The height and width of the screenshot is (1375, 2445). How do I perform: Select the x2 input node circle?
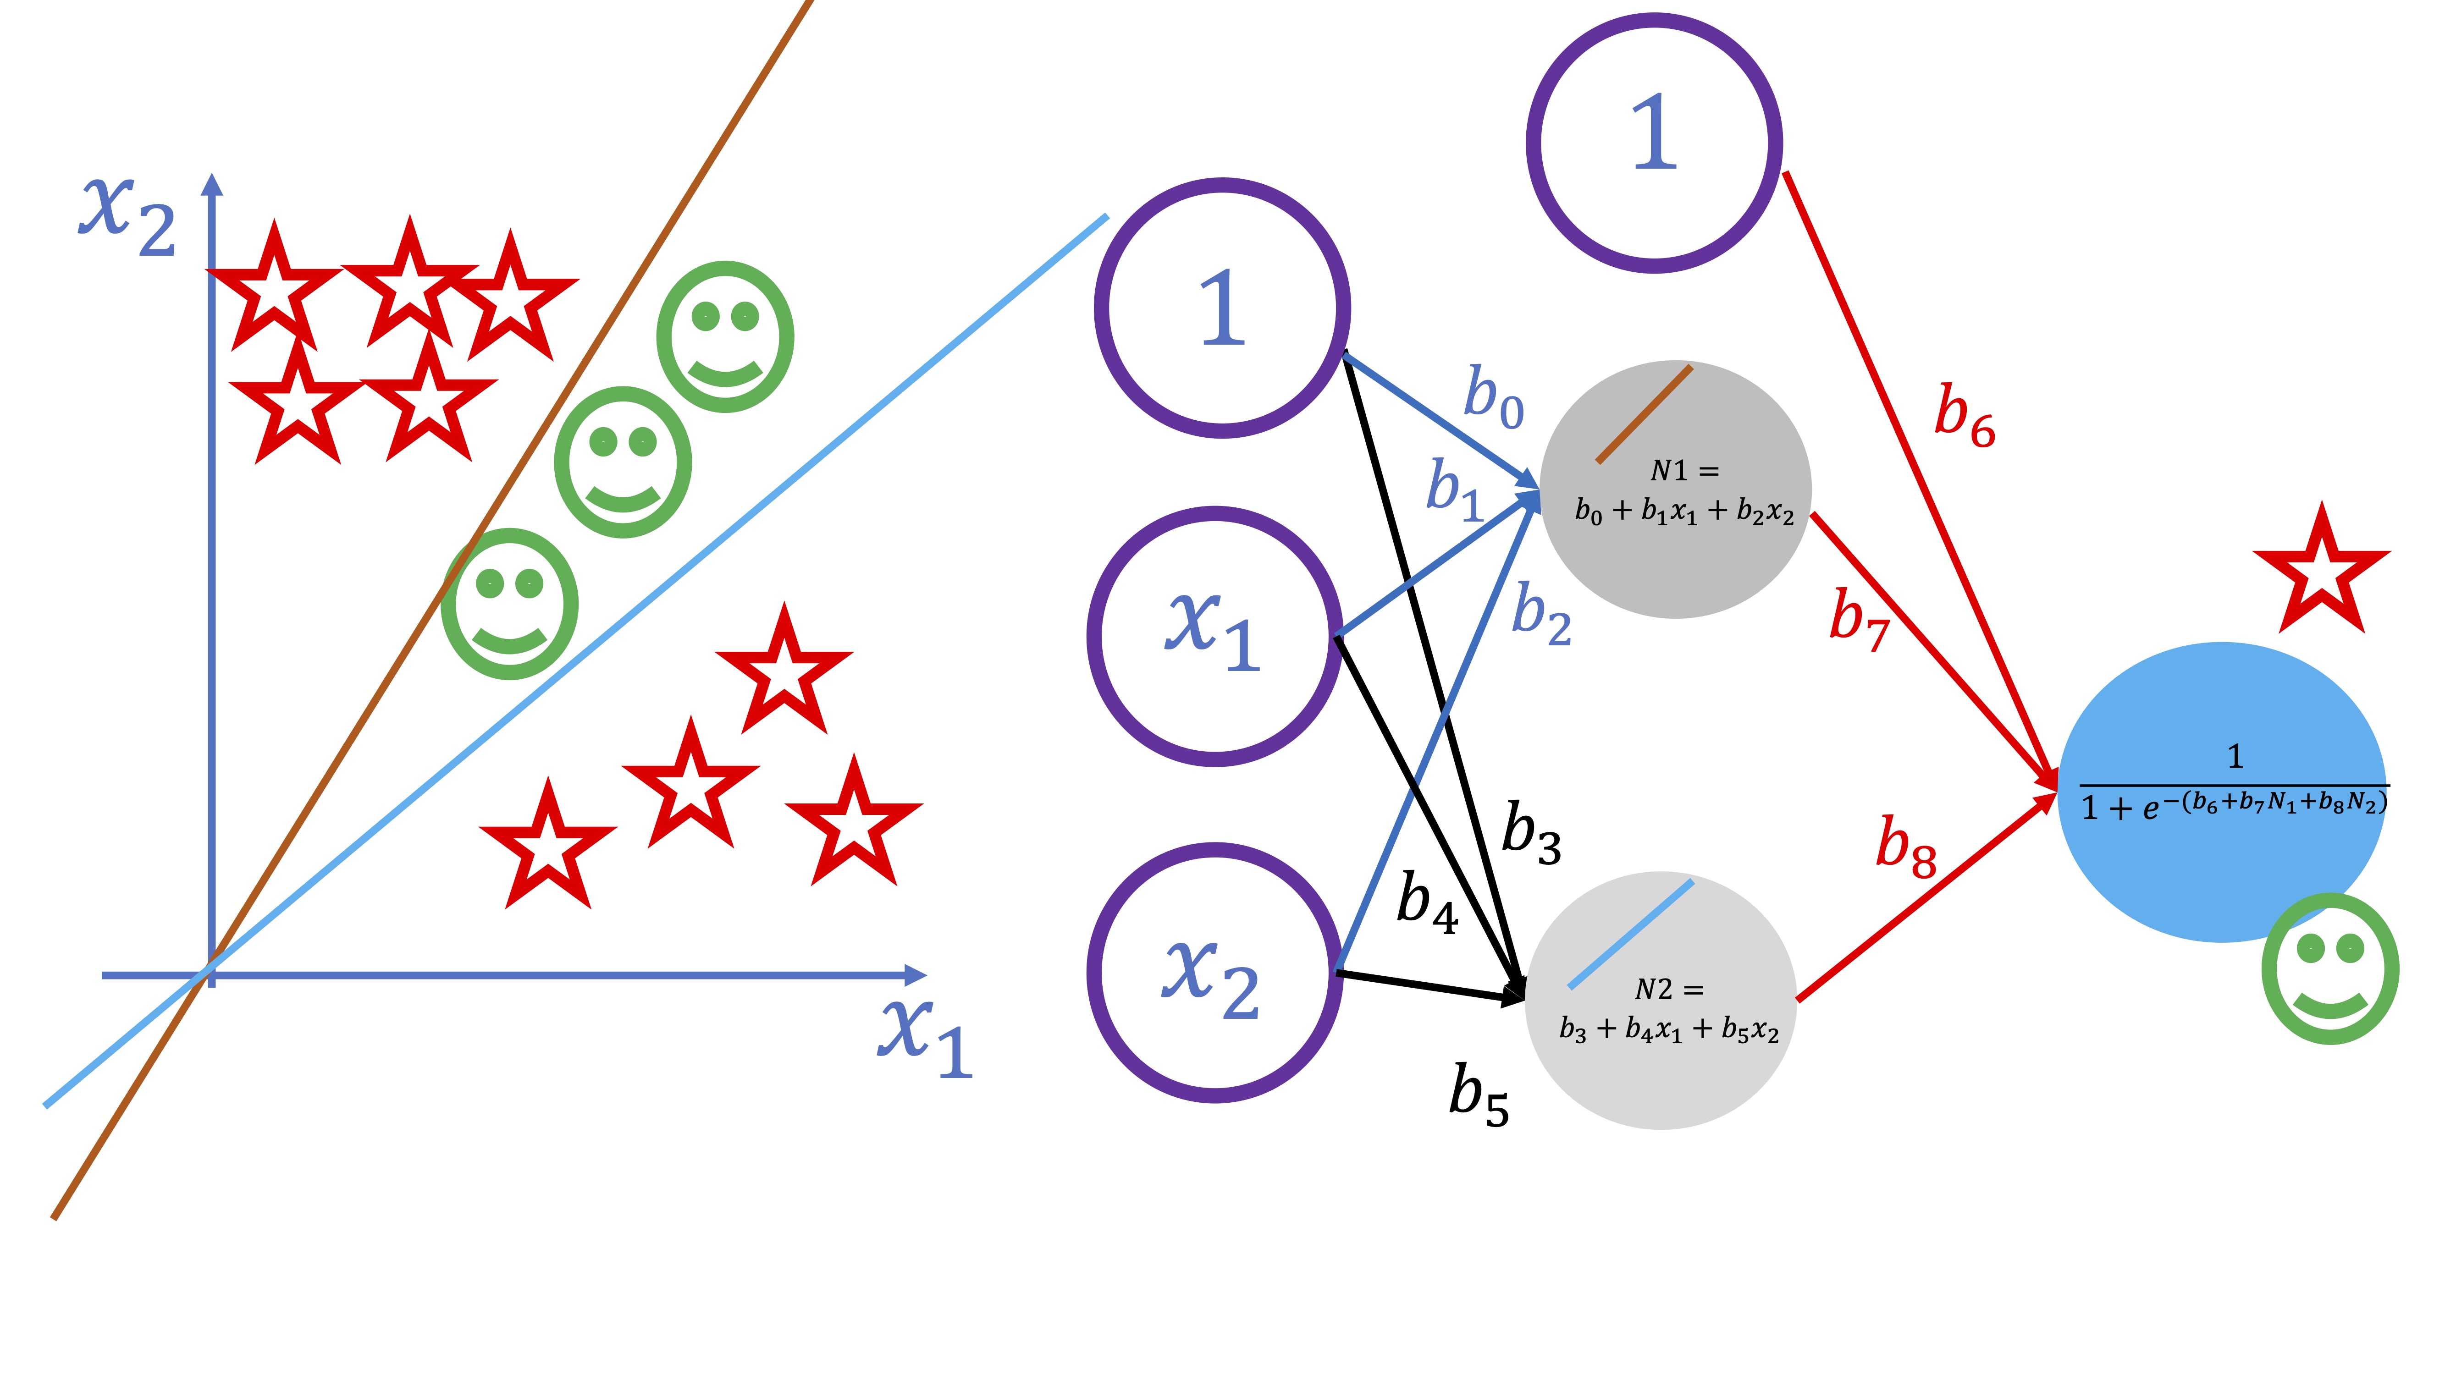pyautogui.click(x=1215, y=973)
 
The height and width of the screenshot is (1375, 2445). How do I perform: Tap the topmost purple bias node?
pyautogui.click(x=1654, y=143)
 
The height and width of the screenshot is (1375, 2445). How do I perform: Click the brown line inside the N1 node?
pyautogui.click(x=1644, y=415)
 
